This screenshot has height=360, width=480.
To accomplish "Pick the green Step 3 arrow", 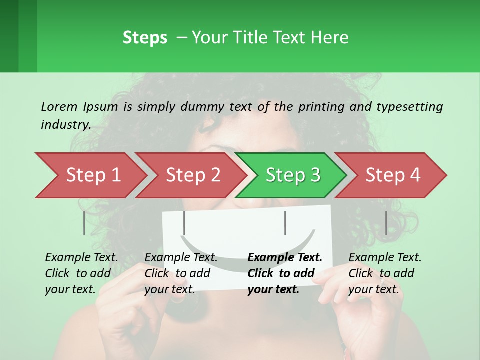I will (x=292, y=175).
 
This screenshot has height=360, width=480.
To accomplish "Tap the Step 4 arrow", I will (x=392, y=175).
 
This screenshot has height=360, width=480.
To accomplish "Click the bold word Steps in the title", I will (x=145, y=38).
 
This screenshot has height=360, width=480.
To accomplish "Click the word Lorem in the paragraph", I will (x=59, y=106).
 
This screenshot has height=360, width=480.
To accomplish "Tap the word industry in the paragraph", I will (x=65, y=125).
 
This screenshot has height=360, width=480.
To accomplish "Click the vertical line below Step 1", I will (x=84, y=223).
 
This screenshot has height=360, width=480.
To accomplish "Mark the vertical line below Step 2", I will (x=184, y=223).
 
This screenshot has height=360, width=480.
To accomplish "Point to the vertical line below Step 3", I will (x=285, y=223).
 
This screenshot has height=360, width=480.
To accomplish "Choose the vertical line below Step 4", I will (x=386, y=223).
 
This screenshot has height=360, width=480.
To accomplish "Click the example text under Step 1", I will (x=81, y=273).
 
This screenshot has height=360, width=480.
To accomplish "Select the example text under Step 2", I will (x=181, y=273).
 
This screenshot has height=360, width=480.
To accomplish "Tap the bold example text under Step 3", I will (x=285, y=273).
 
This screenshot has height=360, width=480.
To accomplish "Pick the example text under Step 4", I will (x=385, y=273).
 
